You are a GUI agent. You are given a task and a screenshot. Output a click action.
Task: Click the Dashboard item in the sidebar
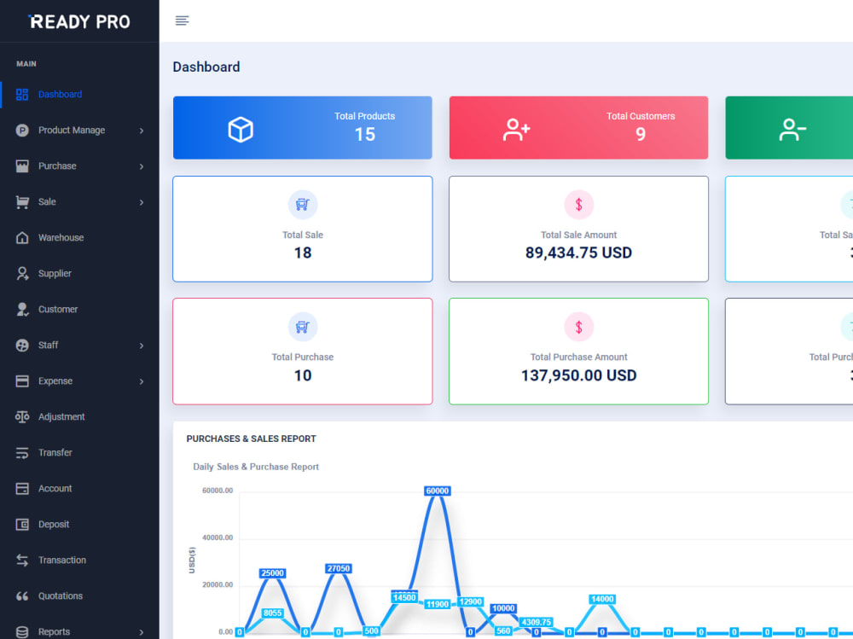60,95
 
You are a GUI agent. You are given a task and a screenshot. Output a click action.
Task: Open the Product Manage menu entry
72,131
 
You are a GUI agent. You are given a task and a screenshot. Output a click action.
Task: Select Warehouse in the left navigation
61,238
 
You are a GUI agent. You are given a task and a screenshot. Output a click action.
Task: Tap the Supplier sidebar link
55,274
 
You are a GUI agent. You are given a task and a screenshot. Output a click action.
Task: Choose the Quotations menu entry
60,596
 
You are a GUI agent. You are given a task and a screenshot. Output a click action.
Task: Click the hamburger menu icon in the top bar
182,20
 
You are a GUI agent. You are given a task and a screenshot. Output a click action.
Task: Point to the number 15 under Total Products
364,135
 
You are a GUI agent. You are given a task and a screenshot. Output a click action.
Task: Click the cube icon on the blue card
241,129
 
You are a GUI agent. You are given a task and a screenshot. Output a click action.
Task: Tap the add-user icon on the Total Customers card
517,129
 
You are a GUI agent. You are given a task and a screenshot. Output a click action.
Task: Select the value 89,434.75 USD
578,253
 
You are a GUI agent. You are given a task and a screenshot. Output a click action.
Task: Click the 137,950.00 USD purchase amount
578,375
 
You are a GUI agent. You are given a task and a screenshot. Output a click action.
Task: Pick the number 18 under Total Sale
303,253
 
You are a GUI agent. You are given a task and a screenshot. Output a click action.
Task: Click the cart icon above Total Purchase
303,327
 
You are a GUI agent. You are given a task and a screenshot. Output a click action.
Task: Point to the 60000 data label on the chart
437,491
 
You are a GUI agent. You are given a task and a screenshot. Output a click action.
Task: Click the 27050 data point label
338,568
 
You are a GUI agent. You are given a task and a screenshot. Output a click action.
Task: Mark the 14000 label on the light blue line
602,599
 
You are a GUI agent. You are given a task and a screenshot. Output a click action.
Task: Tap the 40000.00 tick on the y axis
218,537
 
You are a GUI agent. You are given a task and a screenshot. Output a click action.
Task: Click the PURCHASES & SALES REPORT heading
251,439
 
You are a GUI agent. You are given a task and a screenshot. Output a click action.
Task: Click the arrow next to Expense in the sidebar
142,381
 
